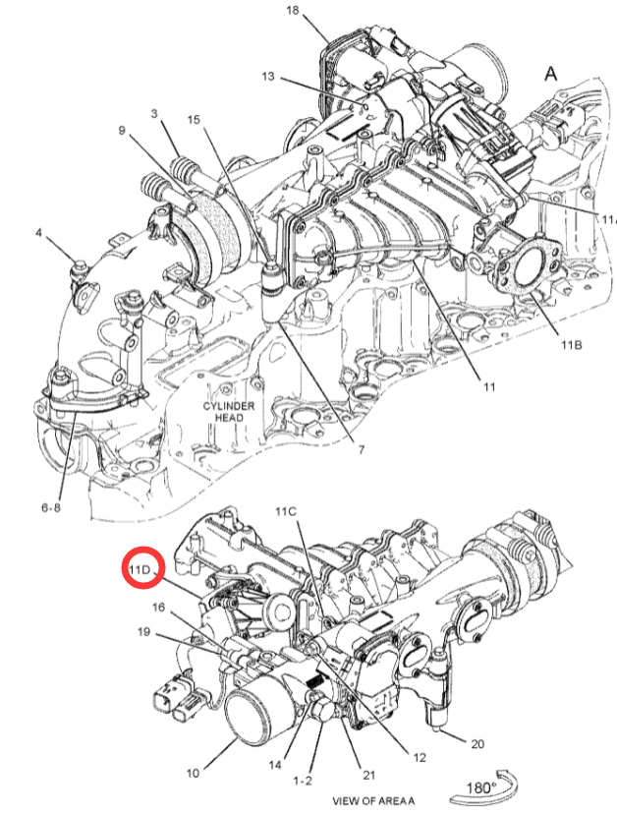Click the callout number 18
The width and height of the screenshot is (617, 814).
point(293,10)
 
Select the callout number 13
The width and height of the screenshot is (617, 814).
point(268,77)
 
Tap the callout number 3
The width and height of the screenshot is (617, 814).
point(154,113)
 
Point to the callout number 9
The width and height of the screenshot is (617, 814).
point(122,130)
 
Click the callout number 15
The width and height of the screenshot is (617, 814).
point(194,120)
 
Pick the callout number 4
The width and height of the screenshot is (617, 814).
point(39,232)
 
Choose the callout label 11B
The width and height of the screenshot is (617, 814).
point(571,345)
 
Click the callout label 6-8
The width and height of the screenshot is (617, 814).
point(51,507)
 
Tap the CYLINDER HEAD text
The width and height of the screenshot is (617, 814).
point(229,412)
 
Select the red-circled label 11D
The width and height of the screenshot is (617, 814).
point(140,569)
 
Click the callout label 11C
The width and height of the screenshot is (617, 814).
point(286,512)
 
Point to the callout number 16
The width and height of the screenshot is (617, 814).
point(159,607)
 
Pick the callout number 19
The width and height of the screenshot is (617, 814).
point(143,632)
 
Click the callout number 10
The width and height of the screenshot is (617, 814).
point(193,773)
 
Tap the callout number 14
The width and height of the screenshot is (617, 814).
point(275,765)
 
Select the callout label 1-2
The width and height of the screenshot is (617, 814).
point(303,781)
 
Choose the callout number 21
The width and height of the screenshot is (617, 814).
point(368,775)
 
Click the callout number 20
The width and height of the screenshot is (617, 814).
point(477,744)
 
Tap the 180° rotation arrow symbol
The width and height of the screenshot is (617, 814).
point(485,785)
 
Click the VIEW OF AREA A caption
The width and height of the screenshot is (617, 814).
point(373,801)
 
